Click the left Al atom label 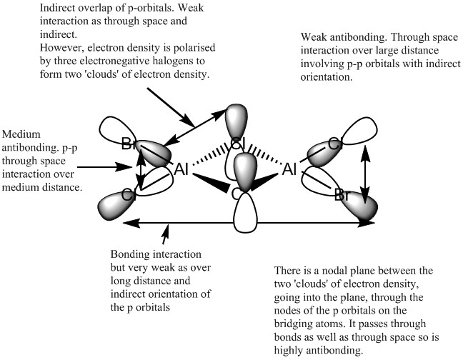(184, 171)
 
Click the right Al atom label (290, 171)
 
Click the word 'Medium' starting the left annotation (21, 134)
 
